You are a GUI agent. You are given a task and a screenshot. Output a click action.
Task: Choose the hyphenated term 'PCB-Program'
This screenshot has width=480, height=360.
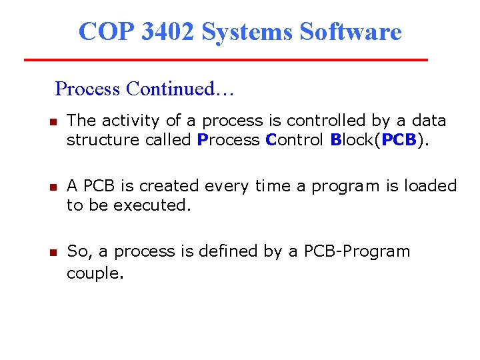(x=357, y=252)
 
